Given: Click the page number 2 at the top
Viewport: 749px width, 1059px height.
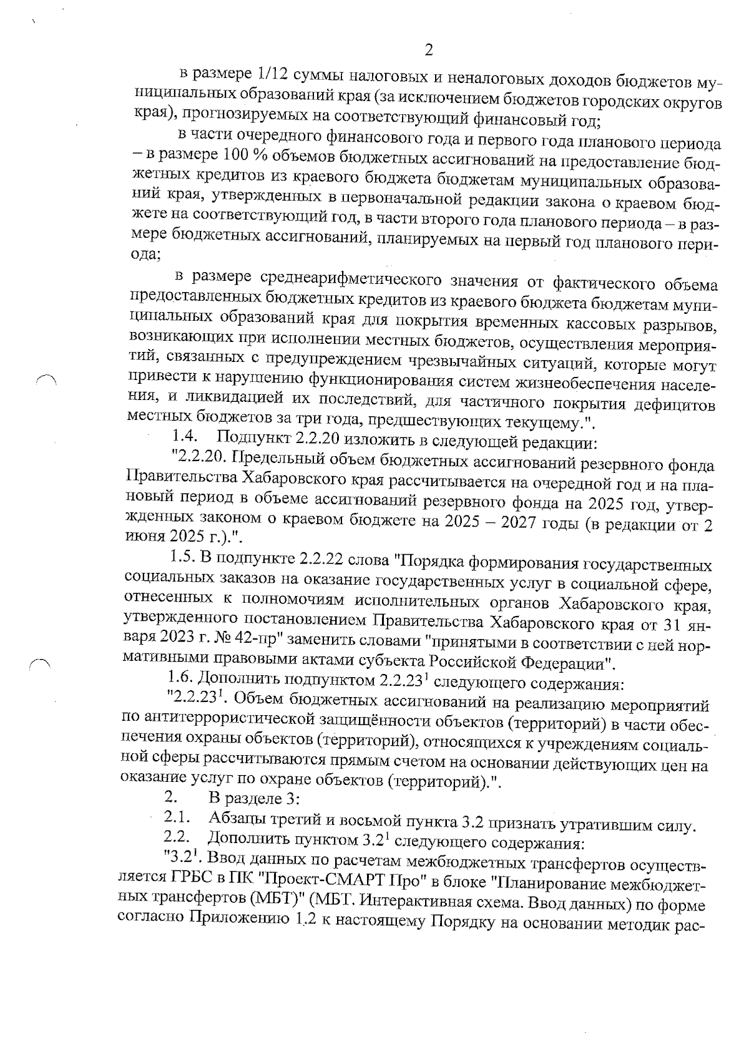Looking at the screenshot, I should pyautogui.click(x=428, y=51).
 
